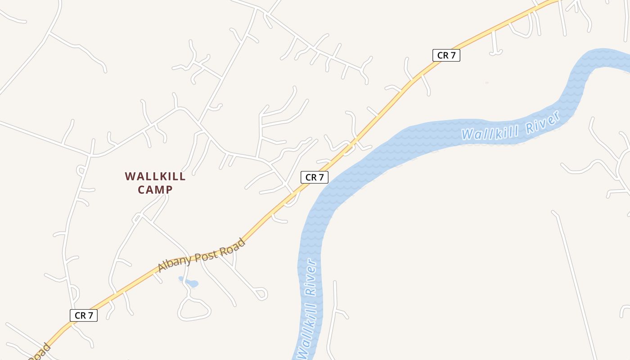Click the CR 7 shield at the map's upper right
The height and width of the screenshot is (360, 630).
coord(446,55)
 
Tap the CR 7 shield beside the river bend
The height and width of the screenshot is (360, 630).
coord(314,177)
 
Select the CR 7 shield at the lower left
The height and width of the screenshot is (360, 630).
coord(84,315)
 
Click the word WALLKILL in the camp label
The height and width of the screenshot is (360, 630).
coord(155,176)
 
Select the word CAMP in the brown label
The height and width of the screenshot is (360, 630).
coord(155,190)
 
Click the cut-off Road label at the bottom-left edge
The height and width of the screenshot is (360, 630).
coord(38,353)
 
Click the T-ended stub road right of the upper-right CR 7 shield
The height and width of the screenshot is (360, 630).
coord(495,49)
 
